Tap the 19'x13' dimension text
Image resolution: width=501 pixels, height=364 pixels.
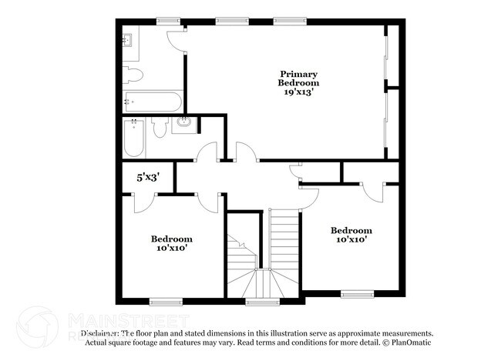click(300, 91)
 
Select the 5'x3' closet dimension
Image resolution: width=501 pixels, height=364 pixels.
click(147, 176)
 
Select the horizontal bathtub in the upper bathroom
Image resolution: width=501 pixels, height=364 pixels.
click(152, 101)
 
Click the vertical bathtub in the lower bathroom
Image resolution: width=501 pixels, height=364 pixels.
click(134, 140)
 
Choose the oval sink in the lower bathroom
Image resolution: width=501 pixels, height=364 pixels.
click(185, 122)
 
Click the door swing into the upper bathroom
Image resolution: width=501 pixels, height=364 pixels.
click(177, 40)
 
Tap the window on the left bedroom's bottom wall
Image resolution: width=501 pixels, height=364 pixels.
click(164, 302)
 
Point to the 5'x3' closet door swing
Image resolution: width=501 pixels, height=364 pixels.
click(145, 202)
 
